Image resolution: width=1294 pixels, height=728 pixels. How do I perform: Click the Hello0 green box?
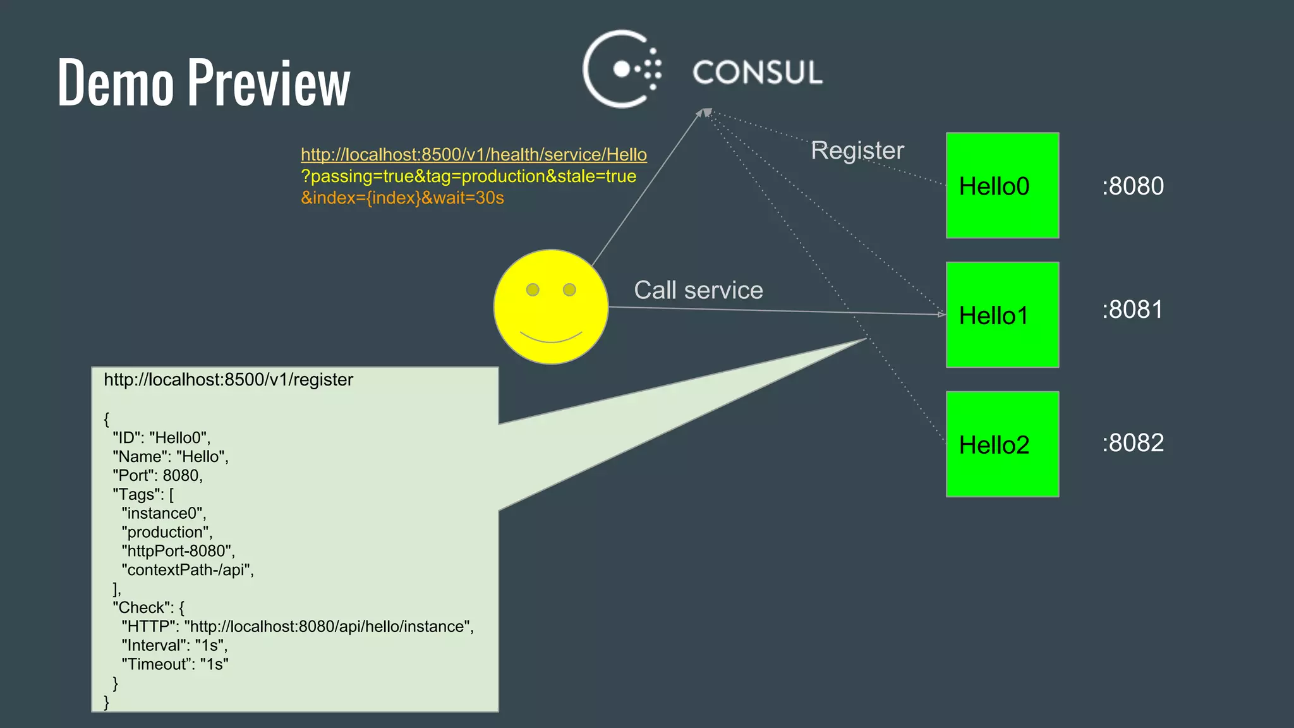click(x=1002, y=185)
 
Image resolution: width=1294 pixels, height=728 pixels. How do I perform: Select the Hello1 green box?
click(x=1002, y=315)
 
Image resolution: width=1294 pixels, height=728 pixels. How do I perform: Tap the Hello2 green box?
click(x=1002, y=444)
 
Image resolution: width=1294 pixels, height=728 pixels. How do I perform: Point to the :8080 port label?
click(x=1133, y=186)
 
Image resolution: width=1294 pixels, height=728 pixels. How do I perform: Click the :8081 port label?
click(x=1132, y=310)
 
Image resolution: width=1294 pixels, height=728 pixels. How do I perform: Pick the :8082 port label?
click(x=1133, y=443)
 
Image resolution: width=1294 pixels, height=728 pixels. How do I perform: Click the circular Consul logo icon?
click(x=621, y=69)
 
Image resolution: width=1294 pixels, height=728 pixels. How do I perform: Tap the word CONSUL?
click(x=758, y=72)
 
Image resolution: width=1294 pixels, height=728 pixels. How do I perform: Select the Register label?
click(x=857, y=150)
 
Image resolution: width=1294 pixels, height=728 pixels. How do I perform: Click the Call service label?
click(x=698, y=290)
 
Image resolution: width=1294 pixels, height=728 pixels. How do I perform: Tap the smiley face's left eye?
click(x=533, y=289)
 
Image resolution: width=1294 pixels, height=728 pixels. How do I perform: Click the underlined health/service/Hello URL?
click(x=473, y=154)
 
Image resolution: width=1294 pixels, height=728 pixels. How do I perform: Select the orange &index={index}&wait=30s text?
click(x=402, y=198)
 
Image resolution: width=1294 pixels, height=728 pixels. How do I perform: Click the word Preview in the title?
click(x=269, y=82)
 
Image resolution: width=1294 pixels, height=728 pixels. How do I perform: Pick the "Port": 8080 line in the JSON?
click(x=158, y=475)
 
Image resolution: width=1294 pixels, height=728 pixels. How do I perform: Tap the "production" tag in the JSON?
click(x=167, y=532)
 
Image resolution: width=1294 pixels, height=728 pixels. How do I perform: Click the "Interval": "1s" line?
click(x=174, y=645)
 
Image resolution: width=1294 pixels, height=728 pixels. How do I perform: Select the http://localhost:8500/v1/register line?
click(x=228, y=379)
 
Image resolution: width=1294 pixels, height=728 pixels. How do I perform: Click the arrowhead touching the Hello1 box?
click(x=941, y=314)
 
